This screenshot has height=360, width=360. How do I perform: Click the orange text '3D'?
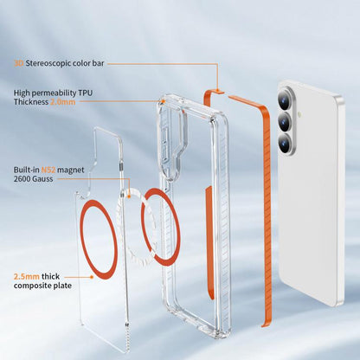[x=19, y=63]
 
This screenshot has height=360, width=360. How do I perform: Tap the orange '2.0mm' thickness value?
[x=63, y=102]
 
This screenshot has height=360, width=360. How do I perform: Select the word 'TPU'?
[x=85, y=93]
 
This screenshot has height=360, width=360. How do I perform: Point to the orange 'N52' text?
[x=48, y=170]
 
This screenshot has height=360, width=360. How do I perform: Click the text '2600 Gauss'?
[x=33, y=179]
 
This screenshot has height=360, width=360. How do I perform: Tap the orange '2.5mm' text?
[x=27, y=276]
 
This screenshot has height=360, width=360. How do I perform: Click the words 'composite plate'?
[x=42, y=286]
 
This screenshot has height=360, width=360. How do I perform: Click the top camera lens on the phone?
[x=286, y=100]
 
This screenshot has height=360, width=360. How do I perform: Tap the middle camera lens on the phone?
[x=286, y=122]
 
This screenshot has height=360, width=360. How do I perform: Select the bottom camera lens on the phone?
[x=286, y=143]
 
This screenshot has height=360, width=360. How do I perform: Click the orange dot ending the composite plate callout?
[x=92, y=277]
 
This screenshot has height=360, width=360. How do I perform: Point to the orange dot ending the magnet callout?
[x=129, y=196]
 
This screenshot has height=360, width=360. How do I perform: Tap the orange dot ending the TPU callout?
[x=164, y=101]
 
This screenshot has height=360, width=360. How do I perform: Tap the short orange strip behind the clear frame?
[x=209, y=242]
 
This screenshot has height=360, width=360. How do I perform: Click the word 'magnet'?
[x=71, y=170]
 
